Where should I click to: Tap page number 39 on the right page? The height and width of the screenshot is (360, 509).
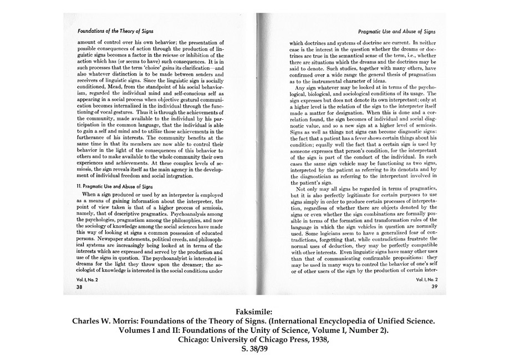coord(435,287)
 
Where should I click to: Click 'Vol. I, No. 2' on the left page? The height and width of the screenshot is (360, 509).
coord(88,281)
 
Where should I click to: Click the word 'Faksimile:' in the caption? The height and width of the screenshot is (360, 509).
coord(254,312)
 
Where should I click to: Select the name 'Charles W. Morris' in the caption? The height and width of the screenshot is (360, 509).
coord(110,321)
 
